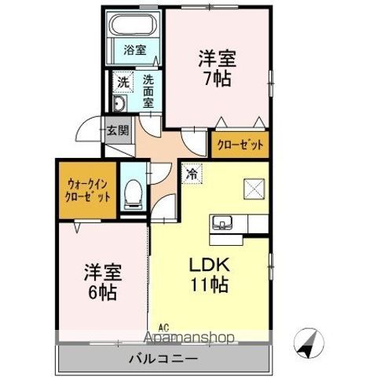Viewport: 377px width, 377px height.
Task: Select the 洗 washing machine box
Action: point(123,81)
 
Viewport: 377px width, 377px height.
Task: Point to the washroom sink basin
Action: point(119,105)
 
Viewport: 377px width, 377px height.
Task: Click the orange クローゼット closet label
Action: point(240,144)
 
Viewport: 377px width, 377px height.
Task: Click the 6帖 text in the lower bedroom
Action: point(101,294)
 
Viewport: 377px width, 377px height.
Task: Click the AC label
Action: point(163,328)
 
